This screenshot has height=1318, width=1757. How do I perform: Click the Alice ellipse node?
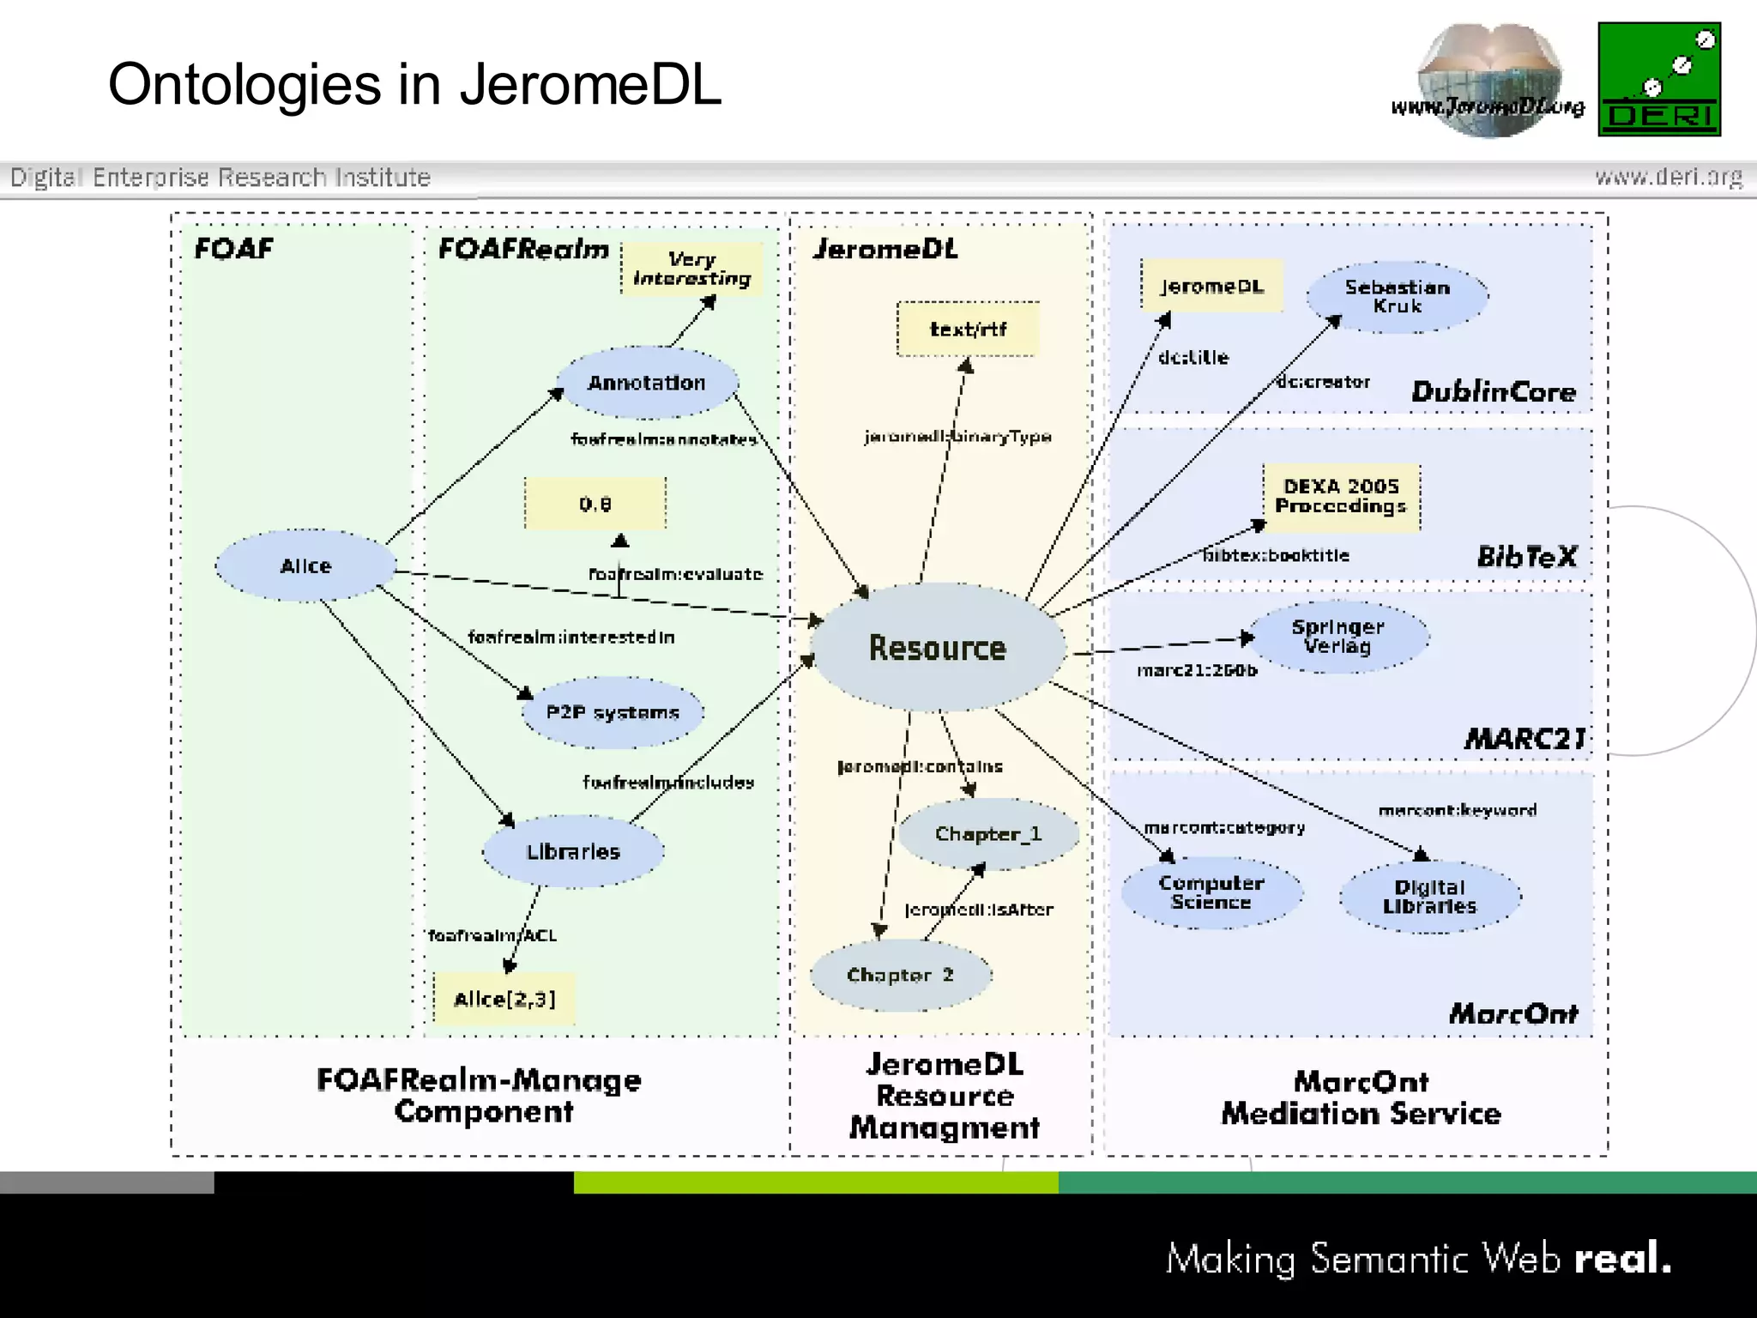click(x=305, y=565)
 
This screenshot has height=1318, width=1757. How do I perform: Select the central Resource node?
click(x=938, y=648)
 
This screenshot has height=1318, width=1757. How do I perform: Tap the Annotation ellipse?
click(x=647, y=383)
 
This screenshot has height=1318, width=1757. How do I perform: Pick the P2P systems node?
click(x=613, y=712)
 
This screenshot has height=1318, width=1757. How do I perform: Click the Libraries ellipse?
click(x=573, y=851)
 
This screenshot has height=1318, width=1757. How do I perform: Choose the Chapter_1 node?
click(x=988, y=834)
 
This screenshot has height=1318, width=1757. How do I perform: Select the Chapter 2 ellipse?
click(x=900, y=975)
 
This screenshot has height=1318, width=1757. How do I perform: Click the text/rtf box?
click(x=968, y=329)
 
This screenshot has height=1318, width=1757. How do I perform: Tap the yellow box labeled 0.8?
click(x=595, y=504)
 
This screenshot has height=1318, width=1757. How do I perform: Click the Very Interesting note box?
click(x=691, y=269)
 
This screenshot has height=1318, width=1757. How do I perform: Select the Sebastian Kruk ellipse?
click(x=1398, y=297)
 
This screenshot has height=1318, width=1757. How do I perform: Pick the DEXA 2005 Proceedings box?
click(x=1341, y=497)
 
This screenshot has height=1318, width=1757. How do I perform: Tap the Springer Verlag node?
click(x=1337, y=637)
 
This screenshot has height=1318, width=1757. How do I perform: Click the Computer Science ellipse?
click(x=1211, y=892)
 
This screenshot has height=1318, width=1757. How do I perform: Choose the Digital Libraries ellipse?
click(x=1429, y=897)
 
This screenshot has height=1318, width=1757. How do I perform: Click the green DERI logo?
click(x=1659, y=79)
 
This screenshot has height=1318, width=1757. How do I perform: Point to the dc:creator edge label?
click(x=1323, y=382)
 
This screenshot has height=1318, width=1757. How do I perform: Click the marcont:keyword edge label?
click(x=1457, y=810)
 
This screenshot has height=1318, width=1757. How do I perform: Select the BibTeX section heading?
click(x=1526, y=557)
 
